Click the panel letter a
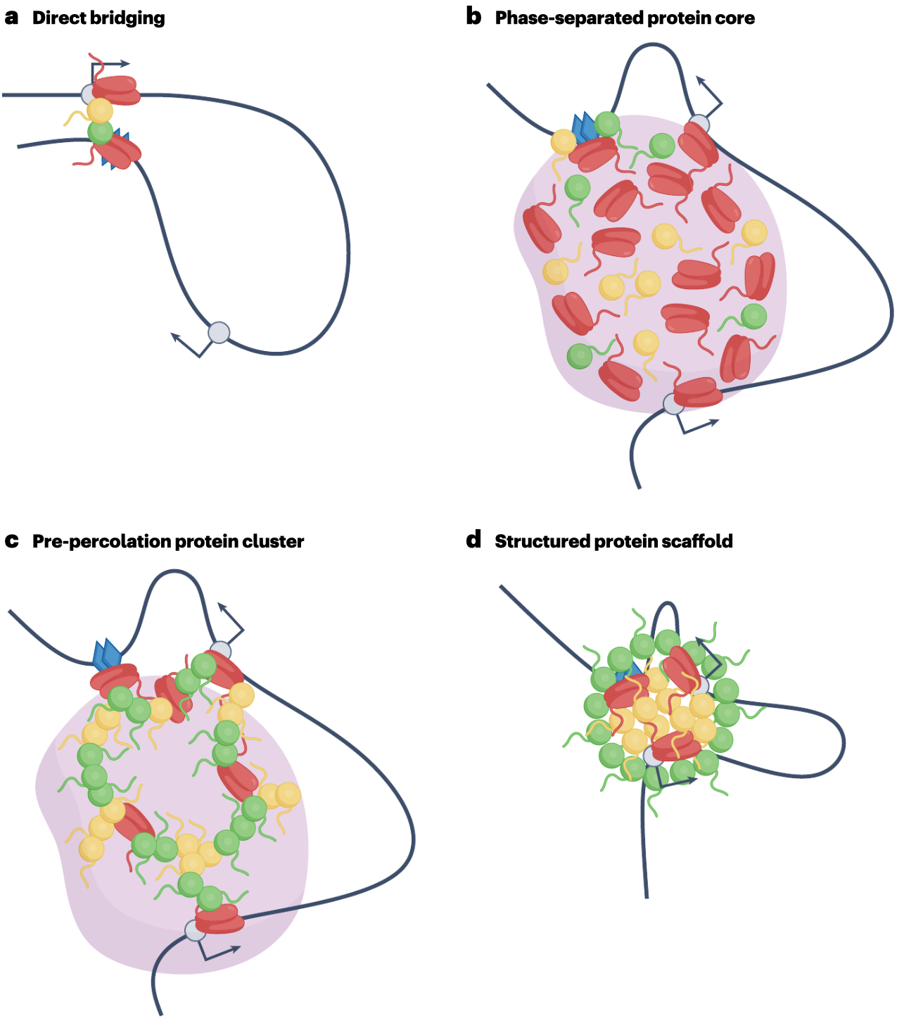pyautogui.click(x=11, y=18)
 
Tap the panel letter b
pyautogui.click(x=473, y=18)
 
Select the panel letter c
pyautogui.click(x=11, y=541)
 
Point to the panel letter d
pyautogui.click(x=473, y=540)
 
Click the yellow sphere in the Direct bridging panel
pyautogui.click(x=100, y=110)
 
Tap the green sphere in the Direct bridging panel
pyautogui.click(x=100, y=132)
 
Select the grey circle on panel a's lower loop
pyautogui.click(x=219, y=332)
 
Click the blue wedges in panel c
pyautogui.click(x=107, y=654)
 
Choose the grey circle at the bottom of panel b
pyautogui.click(x=673, y=405)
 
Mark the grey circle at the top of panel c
pyautogui.click(x=220, y=651)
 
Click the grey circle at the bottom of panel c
pyautogui.click(x=195, y=930)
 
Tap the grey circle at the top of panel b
pyautogui.click(x=698, y=125)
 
